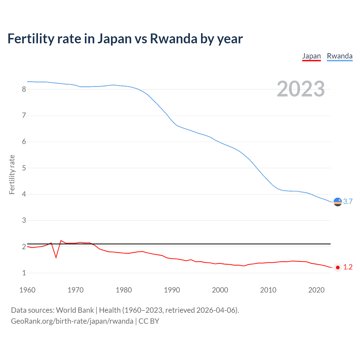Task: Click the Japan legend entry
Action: pyautogui.click(x=311, y=56)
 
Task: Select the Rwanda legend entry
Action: pyautogui.click(x=339, y=56)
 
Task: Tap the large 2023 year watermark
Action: pyautogui.click(x=301, y=89)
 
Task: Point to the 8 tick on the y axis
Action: pyautogui.click(x=24, y=89)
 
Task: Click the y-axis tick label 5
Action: pyautogui.click(x=24, y=168)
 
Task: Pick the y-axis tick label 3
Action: pyautogui.click(x=24, y=220)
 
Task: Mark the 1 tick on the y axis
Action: pyautogui.click(x=24, y=273)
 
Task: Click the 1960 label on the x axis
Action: pyautogui.click(x=27, y=290)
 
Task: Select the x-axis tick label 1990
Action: pyautogui.click(x=172, y=290)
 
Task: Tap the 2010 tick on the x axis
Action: pyautogui.click(x=268, y=290)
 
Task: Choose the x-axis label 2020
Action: pyautogui.click(x=316, y=290)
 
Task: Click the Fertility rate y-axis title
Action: pyautogui.click(x=12, y=174)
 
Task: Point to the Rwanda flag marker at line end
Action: pyautogui.click(x=337, y=202)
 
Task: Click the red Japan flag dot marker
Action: pyautogui.click(x=337, y=267)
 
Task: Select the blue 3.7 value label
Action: pyautogui.click(x=348, y=202)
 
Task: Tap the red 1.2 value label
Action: pyautogui.click(x=348, y=267)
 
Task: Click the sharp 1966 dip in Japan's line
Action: pyautogui.click(x=56, y=257)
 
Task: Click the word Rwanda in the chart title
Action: pyautogui.click(x=174, y=39)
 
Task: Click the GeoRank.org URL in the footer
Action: pyautogui.click(x=72, y=321)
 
